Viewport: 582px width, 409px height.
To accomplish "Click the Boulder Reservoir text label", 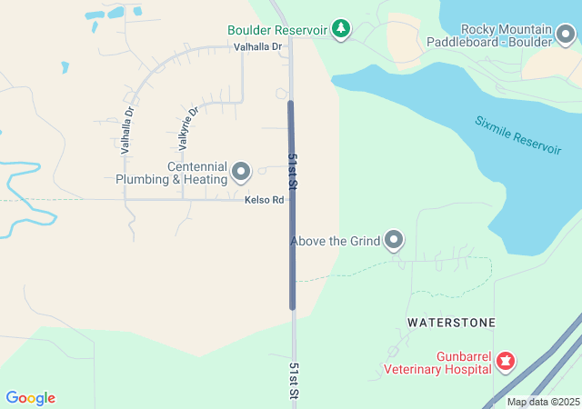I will click(276, 30).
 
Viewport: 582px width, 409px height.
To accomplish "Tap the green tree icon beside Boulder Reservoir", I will click(341, 29).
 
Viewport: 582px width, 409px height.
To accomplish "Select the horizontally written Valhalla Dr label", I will click(258, 46).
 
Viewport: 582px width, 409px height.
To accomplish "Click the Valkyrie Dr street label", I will click(188, 127).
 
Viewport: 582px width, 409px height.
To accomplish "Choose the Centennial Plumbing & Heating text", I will click(171, 173).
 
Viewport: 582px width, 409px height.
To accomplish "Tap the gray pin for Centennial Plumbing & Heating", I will click(241, 171).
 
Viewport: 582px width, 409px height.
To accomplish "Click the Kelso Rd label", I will click(265, 200).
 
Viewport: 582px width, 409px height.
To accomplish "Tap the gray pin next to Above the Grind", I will click(394, 240).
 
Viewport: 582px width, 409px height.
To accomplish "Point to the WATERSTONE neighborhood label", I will click(451, 323).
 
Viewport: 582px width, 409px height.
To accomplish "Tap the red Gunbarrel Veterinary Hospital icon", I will click(505, 363).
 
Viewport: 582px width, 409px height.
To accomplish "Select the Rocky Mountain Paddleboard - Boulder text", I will click(493, 35).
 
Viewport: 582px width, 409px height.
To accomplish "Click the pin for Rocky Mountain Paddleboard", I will click(567, 35).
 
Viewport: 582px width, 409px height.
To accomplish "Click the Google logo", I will click(30, 398).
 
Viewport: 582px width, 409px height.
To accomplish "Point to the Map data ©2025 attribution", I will click(542, 402).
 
